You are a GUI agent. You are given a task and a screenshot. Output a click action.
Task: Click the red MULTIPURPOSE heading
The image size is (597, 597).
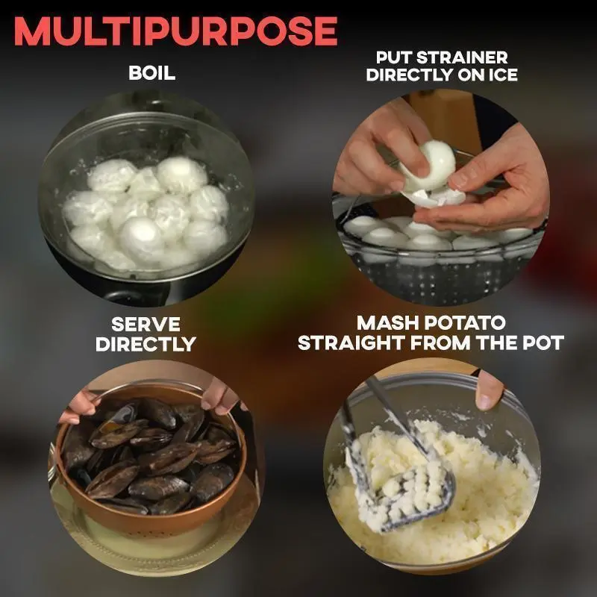point(175,31)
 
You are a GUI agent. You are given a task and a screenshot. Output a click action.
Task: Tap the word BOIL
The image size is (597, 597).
point(152,72)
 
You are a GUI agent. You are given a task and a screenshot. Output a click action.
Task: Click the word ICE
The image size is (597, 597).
point(503,75)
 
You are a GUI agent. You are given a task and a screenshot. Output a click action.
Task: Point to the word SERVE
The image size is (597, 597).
point(146,325)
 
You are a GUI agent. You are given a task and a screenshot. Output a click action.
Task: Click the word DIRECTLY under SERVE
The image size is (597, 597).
point(146,344)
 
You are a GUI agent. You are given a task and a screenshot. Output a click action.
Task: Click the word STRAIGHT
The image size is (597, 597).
point(351,343)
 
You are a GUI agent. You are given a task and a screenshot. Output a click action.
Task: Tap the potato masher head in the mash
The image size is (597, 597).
point(404,492)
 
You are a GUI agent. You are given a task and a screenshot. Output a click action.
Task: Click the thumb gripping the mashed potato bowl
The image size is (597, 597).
point(490,390)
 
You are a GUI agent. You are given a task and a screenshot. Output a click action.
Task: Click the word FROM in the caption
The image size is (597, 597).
point(441,343)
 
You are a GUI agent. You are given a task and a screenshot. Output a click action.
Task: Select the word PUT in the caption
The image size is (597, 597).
point(393,57)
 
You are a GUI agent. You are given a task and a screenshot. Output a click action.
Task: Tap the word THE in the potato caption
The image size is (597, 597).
point(497,343)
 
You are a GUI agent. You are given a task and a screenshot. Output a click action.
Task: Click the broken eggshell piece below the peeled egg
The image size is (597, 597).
point(438,197)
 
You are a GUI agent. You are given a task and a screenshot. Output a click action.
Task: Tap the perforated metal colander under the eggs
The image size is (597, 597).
point(442,274)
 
